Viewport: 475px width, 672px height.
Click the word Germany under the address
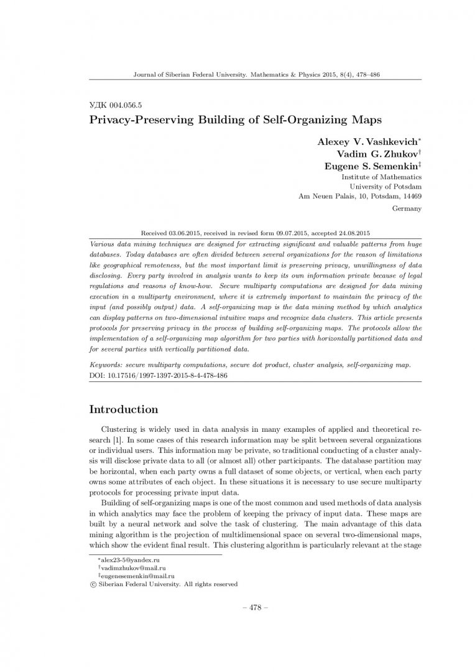407,208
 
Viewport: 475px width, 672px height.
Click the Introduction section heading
124,409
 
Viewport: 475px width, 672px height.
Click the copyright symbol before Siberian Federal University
93,584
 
